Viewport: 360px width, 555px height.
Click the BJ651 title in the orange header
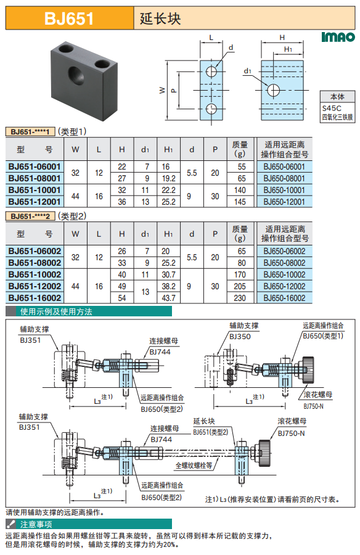(x=69, y=18)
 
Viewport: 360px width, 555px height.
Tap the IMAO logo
(x=338, y=37)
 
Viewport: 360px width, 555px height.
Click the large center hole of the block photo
(x=77, y=75)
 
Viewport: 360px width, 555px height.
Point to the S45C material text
(x=332, y=108)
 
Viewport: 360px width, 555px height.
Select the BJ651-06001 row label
(x=35, y=166)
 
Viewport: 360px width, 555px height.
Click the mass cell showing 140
(x=240, y=190)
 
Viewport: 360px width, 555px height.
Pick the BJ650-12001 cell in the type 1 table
(x=284, y=202)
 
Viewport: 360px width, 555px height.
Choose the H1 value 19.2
(x=168, y=178)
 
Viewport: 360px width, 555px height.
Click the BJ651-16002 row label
(x=35, y=298)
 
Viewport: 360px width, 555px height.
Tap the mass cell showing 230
(x=240, y=298)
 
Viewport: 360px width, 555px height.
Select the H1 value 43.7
(x=168, y=298)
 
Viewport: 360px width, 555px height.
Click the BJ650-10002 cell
(x=284, y=274)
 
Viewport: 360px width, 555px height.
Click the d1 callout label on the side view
(x=247, y=71)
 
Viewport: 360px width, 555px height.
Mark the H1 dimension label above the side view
(x=288, y=49)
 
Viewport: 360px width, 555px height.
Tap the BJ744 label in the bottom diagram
(x=161, y=439)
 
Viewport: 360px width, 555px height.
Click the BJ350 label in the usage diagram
(x=240, y=337)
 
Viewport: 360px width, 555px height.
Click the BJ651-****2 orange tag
(x=30, y=216)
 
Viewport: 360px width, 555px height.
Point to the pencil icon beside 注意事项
(x=11, y=524)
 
